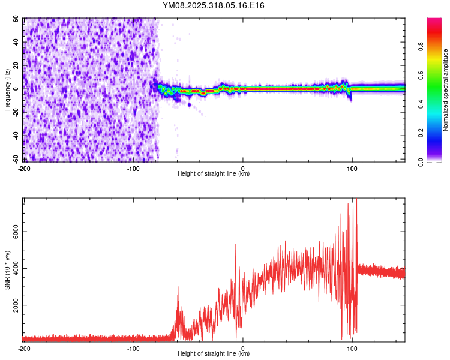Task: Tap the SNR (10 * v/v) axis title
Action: (x=7, y=270)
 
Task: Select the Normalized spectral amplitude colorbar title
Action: (x=446, y=90)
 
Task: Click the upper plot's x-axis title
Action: (x=214, y=173)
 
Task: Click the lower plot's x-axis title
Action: (x=214, y=353)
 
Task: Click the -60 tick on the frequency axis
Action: (x=16, y=158)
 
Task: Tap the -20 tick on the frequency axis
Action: (x=16, y=112)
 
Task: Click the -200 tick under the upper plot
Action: (x=24, y=168)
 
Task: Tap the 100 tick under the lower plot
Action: (x=353, y=348)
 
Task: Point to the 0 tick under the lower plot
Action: (x=243, y=348)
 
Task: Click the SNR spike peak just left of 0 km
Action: (x=235, y=245)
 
